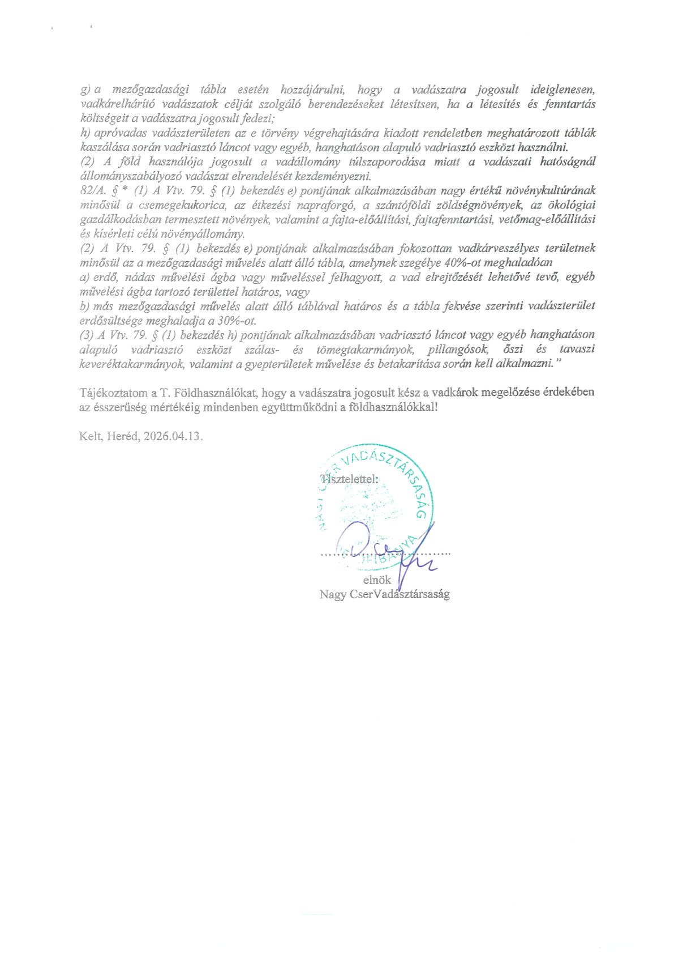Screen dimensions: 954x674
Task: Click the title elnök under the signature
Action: click(377, 580)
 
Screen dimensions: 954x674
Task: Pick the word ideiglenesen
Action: click(563, 90)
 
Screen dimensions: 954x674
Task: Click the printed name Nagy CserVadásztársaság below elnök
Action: click(384, 594)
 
